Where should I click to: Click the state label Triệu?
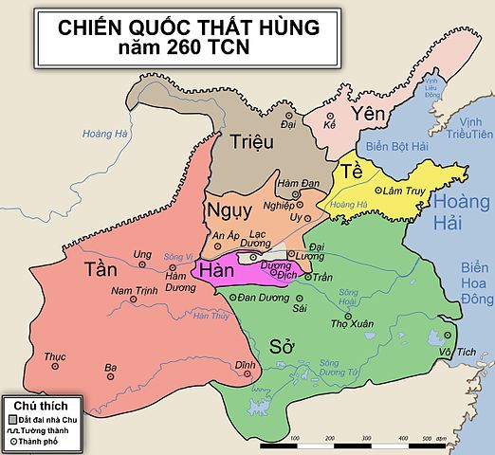click(251, 142)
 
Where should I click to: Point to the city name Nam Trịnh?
click(130, 290)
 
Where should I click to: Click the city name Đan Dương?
click(262, 298)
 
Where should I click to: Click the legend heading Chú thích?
click(30, 403)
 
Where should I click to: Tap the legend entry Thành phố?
click(39, 442)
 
